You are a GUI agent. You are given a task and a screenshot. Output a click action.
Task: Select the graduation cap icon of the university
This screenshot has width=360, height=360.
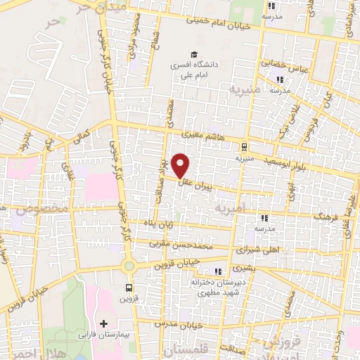pyautogui.click(x=191, y=55)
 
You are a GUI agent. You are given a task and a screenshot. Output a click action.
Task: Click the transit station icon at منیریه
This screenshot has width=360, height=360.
pyautogui.click(x=244, y=147)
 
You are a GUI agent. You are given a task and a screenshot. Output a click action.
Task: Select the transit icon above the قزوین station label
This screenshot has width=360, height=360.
pyautogui.click(x=129, y=287)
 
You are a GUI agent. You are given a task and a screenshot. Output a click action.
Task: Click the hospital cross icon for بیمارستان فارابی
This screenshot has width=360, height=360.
pyautogui.click(x=104, y=323)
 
